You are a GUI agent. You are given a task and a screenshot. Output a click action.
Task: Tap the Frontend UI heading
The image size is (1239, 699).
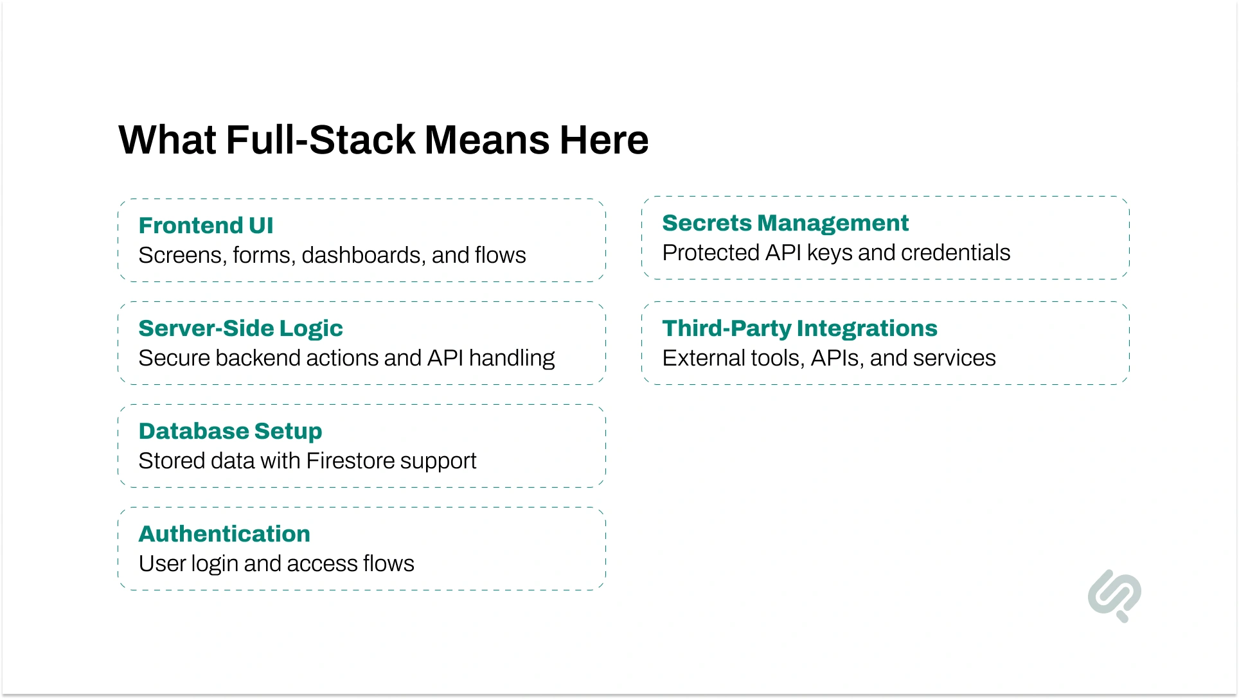coord(206,226)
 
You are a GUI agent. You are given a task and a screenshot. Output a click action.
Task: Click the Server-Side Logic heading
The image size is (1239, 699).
coord(240,328)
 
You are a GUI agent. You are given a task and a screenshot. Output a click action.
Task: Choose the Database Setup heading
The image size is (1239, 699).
coord(230,431)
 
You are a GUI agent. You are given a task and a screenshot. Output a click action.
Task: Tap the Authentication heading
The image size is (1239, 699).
coord(224,534)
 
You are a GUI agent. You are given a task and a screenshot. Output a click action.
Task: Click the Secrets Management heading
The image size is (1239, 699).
coord(785,223)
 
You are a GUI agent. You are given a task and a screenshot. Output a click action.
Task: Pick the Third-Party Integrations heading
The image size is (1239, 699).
coord(799,328)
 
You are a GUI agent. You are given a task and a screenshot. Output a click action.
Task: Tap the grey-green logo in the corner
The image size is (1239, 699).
coord(1114,595)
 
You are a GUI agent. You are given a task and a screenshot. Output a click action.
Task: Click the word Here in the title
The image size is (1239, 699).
coord(603,140)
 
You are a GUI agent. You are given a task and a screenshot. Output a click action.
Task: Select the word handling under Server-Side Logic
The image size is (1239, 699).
coord(512,358)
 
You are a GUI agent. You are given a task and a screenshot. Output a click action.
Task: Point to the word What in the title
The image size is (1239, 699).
coord(168,140)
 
